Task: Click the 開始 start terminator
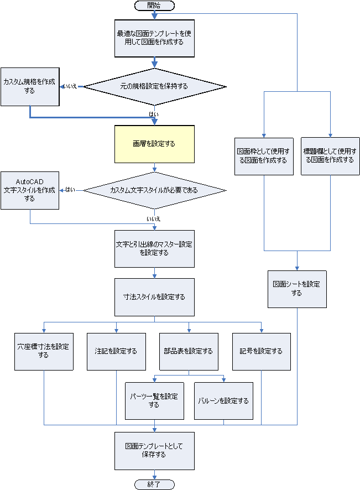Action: tap(154, 5)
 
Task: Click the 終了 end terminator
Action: tap(154, 484)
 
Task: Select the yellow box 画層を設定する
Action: tap(154, 144)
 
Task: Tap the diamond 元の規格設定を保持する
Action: tap(154, 86)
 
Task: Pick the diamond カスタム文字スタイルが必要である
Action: tap(154, 190)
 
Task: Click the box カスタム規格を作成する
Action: tap(30, 86)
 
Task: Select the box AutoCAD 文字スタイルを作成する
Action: tap(30, 190)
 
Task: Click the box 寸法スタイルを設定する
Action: tap(154, 297)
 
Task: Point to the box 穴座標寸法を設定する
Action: tap(44, 351)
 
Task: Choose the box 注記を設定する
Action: tap(116, 351)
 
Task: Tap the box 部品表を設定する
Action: tap(189, 351)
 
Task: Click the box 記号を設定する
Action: tap(261, 351)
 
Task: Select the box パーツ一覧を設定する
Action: tap(154, 401)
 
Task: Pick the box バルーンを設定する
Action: tap(223, 401)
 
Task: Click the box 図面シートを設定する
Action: tap(297, 289)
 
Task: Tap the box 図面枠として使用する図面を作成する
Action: tap(264, 156)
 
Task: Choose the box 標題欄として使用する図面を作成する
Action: tap(330, 156)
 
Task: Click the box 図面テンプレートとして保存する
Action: tap(154, 451)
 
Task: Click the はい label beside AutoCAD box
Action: tap(70, 190)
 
